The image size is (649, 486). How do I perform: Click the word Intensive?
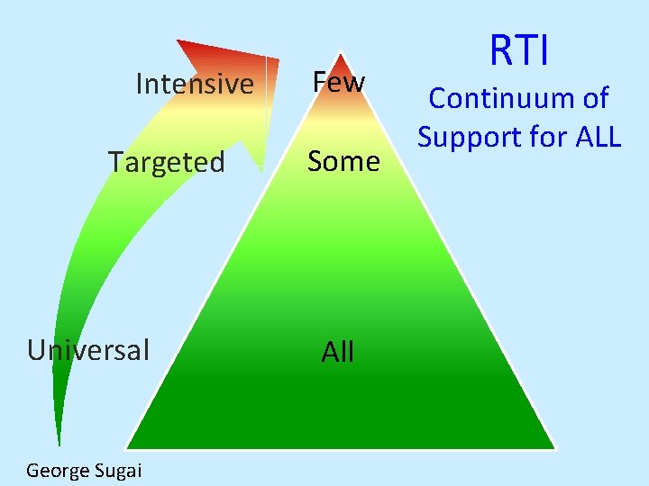(194, 84)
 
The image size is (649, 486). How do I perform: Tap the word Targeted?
(166, 162)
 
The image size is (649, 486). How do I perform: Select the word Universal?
(88, 349)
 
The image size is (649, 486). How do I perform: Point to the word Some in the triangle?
(343, 161)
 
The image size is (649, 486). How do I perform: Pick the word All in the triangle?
(338, 352)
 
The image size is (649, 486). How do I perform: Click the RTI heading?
(518, 50)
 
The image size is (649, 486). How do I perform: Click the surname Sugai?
(117, 470)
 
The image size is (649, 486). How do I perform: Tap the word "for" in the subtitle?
(540, 137)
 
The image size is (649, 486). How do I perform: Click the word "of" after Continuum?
(592, 98)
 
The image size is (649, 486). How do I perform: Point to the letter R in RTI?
(498, 50)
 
